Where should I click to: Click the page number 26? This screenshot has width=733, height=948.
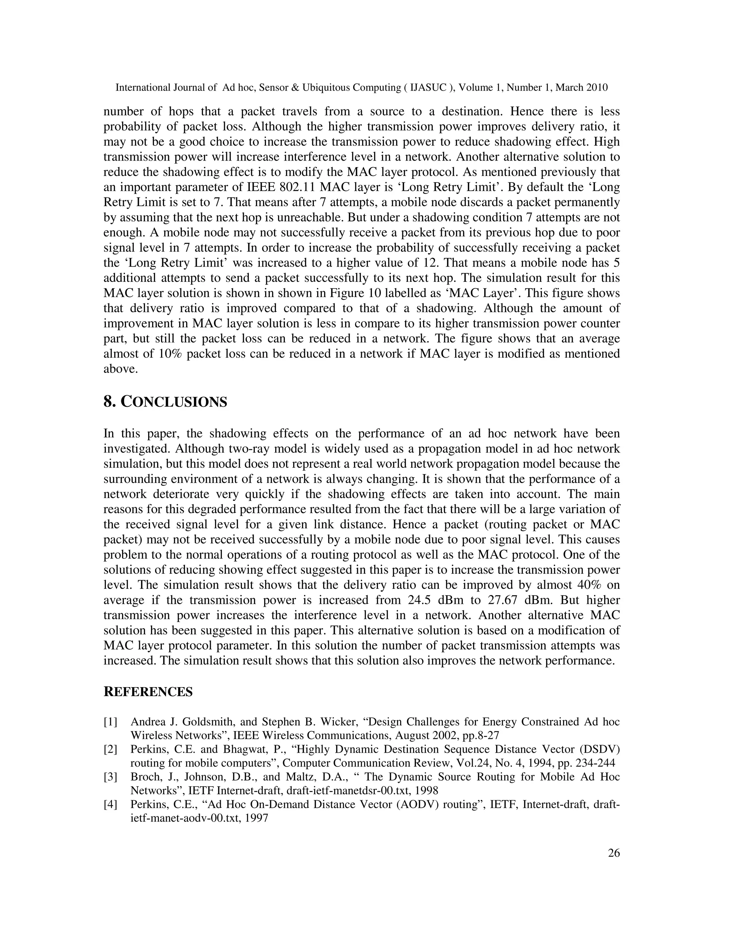coord(613,853)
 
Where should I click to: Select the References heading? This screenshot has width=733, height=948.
coord(148,692)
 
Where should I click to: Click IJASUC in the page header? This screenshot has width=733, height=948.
coord(428,88)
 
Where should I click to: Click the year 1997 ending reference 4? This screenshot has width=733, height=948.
coord(256,818)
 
